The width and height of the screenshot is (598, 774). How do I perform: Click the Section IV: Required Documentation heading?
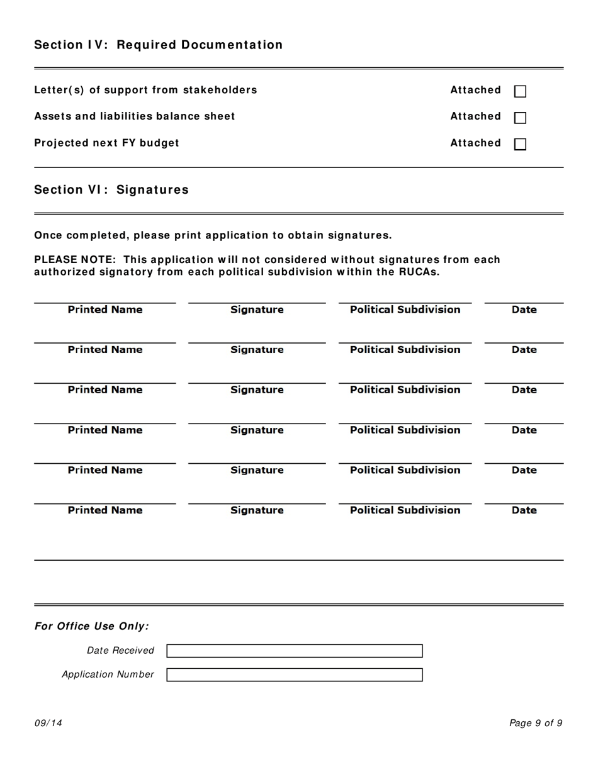[158, 45]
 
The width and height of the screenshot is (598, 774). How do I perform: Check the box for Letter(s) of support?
[521, 91]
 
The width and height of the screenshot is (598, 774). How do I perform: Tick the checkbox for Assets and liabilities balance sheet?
[521, 118]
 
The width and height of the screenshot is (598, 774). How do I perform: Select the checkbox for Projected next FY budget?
[521, 144]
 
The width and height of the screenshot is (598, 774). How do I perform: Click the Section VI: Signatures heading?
[111, 190]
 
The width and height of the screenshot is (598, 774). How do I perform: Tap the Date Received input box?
[294, 651]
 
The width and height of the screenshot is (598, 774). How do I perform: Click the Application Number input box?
[294, 675]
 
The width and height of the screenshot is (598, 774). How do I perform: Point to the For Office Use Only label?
[92, 626]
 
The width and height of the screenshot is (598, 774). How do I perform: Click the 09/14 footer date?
[48, 723]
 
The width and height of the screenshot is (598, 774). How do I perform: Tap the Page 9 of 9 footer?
[536, 723]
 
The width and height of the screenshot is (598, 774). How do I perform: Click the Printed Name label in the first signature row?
[105, 310]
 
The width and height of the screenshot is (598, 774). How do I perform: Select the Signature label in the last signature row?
[257, 510]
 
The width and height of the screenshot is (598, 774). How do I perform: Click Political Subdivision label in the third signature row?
[405, 390]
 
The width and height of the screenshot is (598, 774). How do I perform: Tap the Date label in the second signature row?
[524, 350]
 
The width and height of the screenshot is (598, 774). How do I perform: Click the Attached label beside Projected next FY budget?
[475, 143]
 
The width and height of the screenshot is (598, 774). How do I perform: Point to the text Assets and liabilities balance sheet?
[134, 116]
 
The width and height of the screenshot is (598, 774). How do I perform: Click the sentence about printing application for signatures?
[213, 235]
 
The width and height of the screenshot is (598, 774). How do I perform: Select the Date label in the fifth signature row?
[524, 470]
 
